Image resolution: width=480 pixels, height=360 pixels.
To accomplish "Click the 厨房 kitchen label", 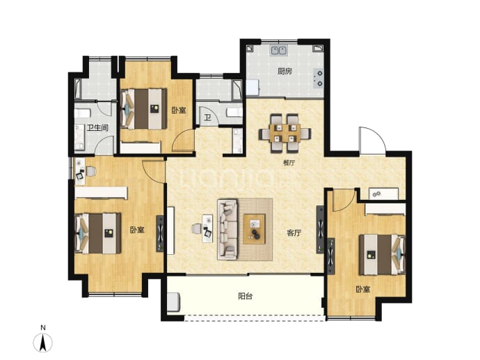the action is click(x=285, y=72).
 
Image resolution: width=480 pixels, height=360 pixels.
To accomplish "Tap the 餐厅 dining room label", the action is click(x=289, y=163).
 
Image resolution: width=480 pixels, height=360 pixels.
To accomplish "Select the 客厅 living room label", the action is click(x=294, y=233).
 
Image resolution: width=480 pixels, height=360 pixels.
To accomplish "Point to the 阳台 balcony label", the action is click(x=245, y=296).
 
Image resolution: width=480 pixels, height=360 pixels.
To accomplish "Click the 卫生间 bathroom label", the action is click(x=97, y=127).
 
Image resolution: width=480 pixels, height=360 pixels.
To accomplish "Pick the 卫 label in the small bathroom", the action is click(x=207, y=118).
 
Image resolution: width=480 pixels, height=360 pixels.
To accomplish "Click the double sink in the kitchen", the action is click(x=278, y=50).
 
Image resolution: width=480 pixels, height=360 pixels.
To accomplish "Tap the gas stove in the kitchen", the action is click(x=319, y=79).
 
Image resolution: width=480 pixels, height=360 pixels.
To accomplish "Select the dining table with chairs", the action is click(x=285, y=133).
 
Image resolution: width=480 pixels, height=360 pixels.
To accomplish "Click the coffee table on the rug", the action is click(x=254, y=229).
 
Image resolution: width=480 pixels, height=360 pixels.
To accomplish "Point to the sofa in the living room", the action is click(x=227, y=230).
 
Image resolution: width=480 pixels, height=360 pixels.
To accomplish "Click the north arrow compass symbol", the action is click(x=43, y=342).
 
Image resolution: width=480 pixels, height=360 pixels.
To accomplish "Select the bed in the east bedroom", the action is click(x=383, y=255).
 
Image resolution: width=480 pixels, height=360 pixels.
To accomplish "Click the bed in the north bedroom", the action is click(x=144, y=109).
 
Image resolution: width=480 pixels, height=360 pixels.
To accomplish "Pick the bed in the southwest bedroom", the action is click(x=98, y=233).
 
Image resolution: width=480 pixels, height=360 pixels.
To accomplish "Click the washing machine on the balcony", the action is click(x=173, y=302).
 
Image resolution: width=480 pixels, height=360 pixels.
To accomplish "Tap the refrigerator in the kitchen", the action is click(x=253, y=88).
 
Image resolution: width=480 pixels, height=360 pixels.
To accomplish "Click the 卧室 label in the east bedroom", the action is click(x=362, y=289).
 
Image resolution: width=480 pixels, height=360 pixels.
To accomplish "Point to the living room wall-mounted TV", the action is click(x=320, y=229).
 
